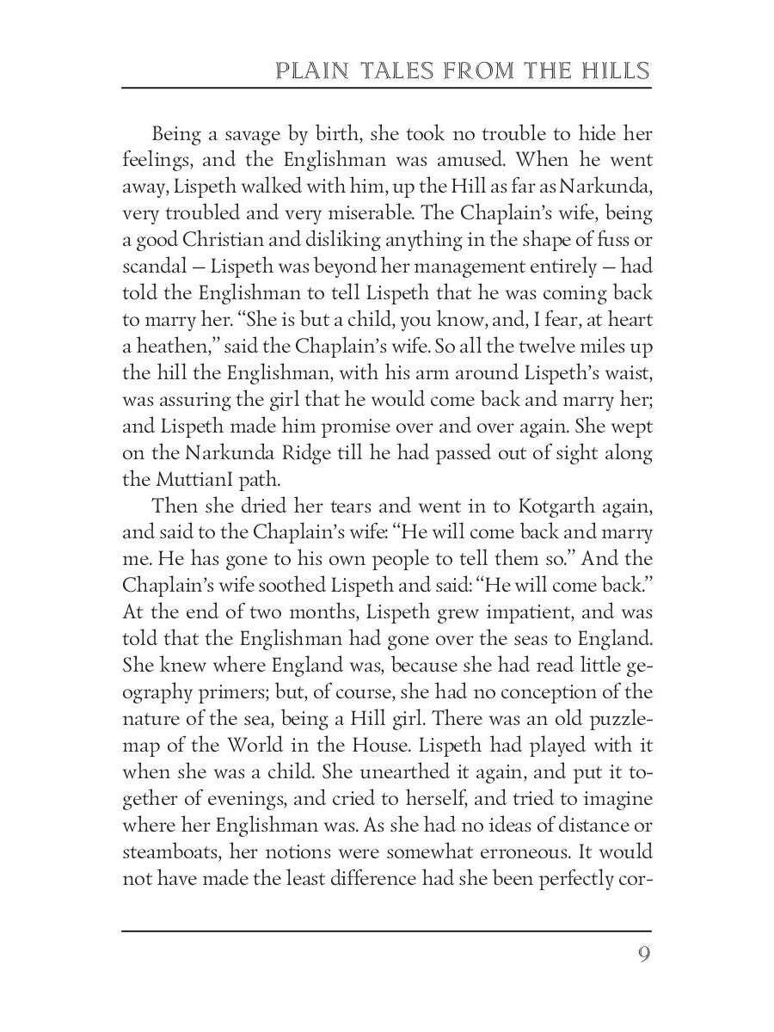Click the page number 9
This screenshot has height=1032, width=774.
pos(643,955)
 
